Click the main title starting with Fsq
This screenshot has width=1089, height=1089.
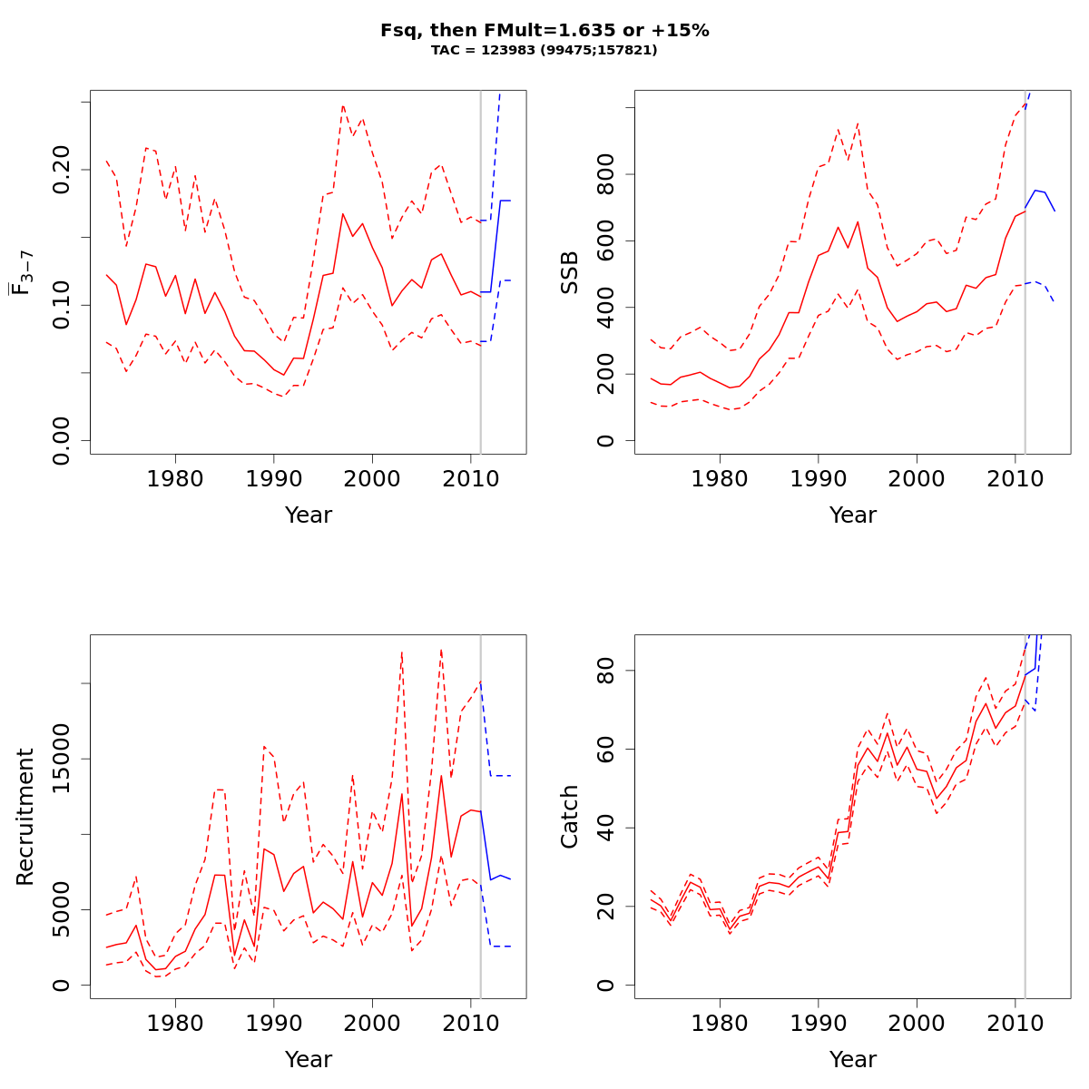click(x=544, y=31)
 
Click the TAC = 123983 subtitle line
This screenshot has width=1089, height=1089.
click(x=544, y=51)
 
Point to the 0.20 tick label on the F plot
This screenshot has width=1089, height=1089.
click(x=62, y=170)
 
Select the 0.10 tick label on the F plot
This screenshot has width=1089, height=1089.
click(x=62, y=305)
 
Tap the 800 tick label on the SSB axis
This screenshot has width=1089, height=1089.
click(x=606, y=174)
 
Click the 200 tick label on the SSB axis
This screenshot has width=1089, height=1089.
click(x=606, y=374)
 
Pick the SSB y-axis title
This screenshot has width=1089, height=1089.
click(x=570, y=272)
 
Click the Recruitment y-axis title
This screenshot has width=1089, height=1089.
click(x=25, y=817)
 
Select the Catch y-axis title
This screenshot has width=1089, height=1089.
click(x=570, y=817)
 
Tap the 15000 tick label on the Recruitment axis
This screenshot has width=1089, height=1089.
click(x=62, y=759)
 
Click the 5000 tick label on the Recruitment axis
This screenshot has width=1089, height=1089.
click(x=62, y=909)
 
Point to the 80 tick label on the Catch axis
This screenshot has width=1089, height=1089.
click(x=606, y=671)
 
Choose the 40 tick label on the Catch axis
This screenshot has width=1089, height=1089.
click(x=606, y=828)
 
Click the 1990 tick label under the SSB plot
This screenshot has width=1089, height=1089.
click(x=819, y=478)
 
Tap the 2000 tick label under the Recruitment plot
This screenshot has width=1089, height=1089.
click(x=372, y=1023)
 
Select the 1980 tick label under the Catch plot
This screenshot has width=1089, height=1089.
click(x=720, y=1023)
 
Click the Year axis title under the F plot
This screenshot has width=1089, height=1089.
click(x=309, y=515)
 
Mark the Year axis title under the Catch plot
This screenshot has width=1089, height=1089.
click(x=853, y=1060)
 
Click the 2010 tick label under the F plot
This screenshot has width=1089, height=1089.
click(x=470, y=478)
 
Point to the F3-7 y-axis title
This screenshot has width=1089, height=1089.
click(x=22, y=272)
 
